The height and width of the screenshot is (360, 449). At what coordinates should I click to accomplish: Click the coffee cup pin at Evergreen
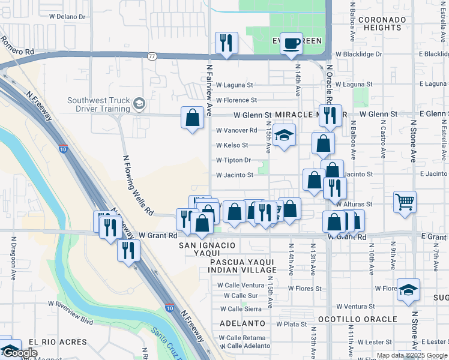[x=291, y=44]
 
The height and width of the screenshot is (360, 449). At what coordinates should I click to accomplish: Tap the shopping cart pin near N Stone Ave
[x=405, y=202]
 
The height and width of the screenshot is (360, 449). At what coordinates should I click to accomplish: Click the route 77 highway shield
[x=152, y=56]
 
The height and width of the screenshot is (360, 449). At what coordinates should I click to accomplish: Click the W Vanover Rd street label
[x=237, y=130]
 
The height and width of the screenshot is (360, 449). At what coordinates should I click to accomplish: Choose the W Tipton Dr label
[x=234, y=160]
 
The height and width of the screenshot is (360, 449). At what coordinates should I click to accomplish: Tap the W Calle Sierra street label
[x=241, y=309]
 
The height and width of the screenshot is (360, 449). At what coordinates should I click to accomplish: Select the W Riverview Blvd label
[x=70, y=317]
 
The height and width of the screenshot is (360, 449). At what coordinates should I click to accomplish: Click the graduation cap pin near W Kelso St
[x=284, y=136]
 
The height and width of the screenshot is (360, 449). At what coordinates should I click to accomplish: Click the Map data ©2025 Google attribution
[x=412, y=355]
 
